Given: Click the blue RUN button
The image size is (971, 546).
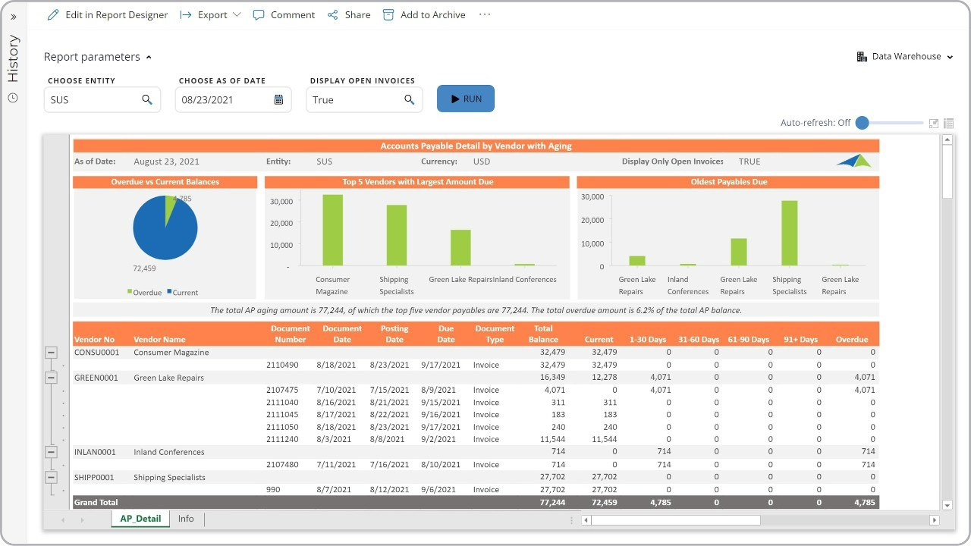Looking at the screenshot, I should [x=465, y=99].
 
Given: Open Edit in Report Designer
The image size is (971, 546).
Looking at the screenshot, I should [x=108, y=14].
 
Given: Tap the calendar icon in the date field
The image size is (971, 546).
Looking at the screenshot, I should [x=278, y=99].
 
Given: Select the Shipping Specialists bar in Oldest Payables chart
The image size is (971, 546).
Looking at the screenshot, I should [x=789, y=233].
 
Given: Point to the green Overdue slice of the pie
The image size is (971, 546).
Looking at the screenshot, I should [x=170, y=206].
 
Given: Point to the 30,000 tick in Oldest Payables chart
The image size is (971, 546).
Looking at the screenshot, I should [x=592, y=196].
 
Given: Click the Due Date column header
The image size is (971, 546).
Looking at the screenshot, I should [x=446, y=334].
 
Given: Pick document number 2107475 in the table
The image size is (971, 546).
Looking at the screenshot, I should [x=281, y=390].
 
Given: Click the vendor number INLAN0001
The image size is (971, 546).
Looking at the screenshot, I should [x=95, y=452].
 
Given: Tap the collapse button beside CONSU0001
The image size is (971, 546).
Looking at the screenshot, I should [x=52, y=353].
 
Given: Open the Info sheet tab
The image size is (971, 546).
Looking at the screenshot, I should [x=186, y=519].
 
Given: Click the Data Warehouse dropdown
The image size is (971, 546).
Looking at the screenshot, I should [x=905, y=56].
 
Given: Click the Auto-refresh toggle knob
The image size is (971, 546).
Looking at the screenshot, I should [x=862, y=123].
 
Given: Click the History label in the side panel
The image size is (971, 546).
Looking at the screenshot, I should [x=13, y=58].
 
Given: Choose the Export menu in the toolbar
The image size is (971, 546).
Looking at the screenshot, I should [x=211, y=14].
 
